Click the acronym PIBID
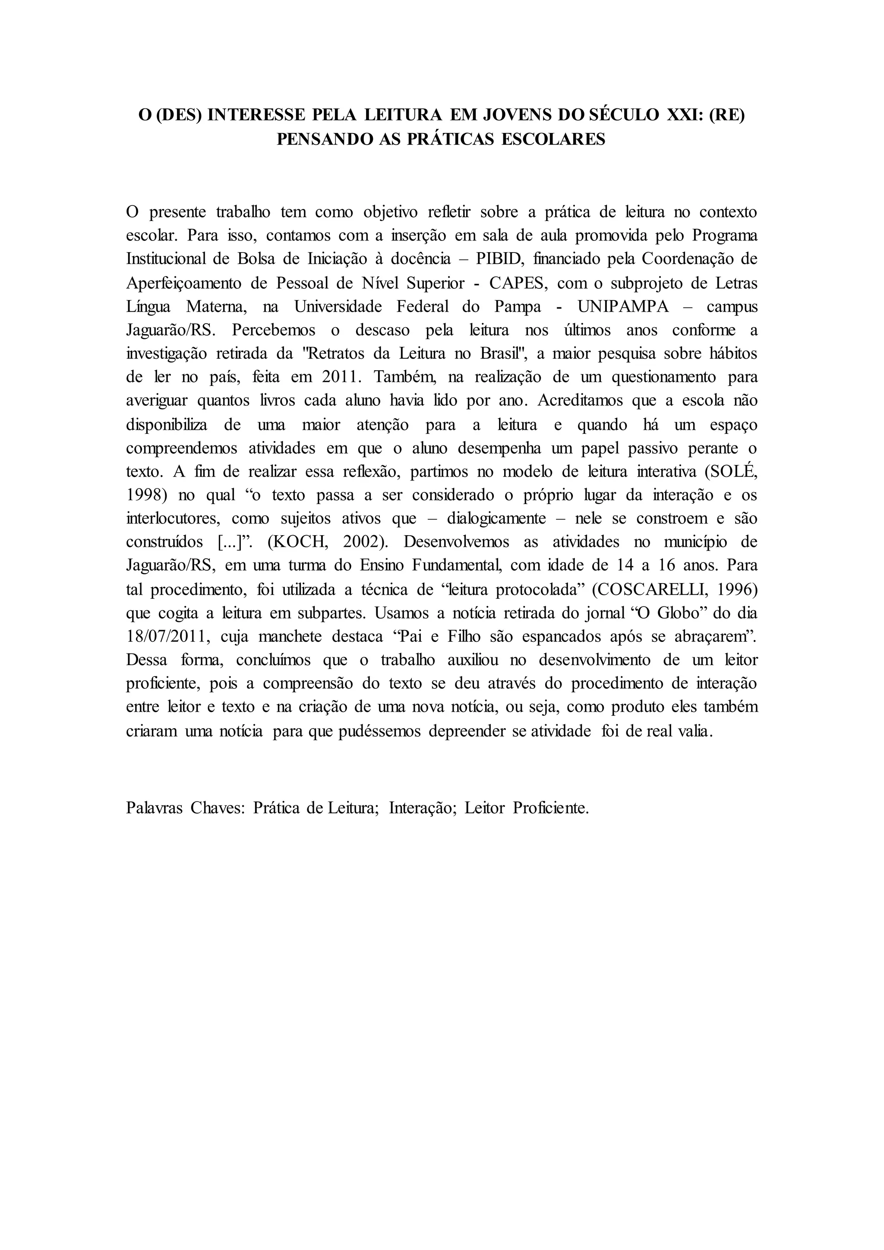pos(499,259)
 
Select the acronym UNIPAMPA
pos(623,306)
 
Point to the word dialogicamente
pos(496,519)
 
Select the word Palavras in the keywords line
pos(154,808)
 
